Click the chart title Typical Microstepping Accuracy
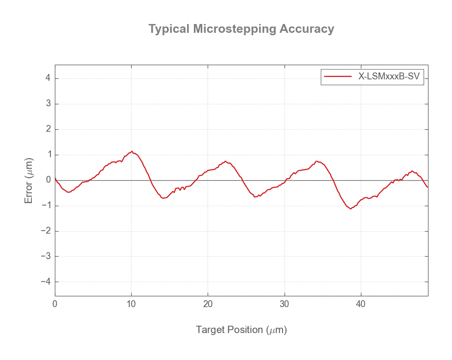[241, 29]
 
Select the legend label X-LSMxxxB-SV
[390, 76]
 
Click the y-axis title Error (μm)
[29, 180]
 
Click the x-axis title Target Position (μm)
[241, 330]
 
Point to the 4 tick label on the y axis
[48, 78]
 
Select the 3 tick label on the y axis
[48, 104]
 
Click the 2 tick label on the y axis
[48, 129]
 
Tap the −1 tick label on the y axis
[46, 206]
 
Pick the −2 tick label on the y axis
[46, 231]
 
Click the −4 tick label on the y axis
[46, 282]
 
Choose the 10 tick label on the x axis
[131, 304]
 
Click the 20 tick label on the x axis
[208, 304]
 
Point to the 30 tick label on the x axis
[285, 304]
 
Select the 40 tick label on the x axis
[361, 304]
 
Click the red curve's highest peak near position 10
[132, 151]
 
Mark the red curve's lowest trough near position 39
[351, 209]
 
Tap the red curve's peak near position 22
[225, 161]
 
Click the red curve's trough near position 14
[163, 198]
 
